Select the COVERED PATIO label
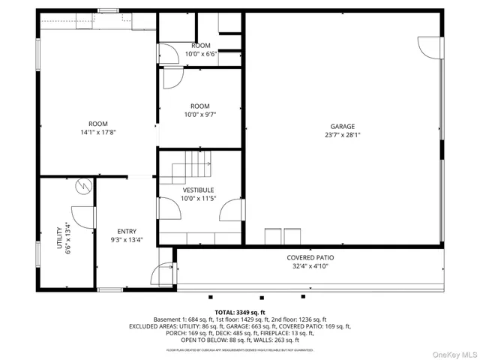pos(310,257)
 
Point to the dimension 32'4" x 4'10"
pos(310,266)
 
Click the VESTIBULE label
pos(198,190)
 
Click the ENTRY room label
pos(127,231)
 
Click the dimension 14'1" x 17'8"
pos(98,133)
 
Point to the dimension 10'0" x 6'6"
pos(200,54)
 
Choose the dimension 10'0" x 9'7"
pos(200,115)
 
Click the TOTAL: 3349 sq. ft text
pos(240,312)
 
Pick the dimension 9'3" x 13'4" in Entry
pos(127,240)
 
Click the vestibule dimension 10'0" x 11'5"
pos(198,199)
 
